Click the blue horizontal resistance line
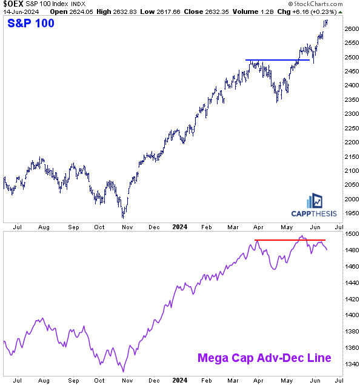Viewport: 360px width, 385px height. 277,59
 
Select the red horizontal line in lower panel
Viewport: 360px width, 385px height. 290,241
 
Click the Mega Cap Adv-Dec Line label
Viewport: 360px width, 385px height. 264,358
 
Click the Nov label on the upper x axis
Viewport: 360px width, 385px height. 127,227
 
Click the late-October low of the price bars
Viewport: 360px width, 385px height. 123,216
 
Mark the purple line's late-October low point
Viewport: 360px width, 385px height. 123,371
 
